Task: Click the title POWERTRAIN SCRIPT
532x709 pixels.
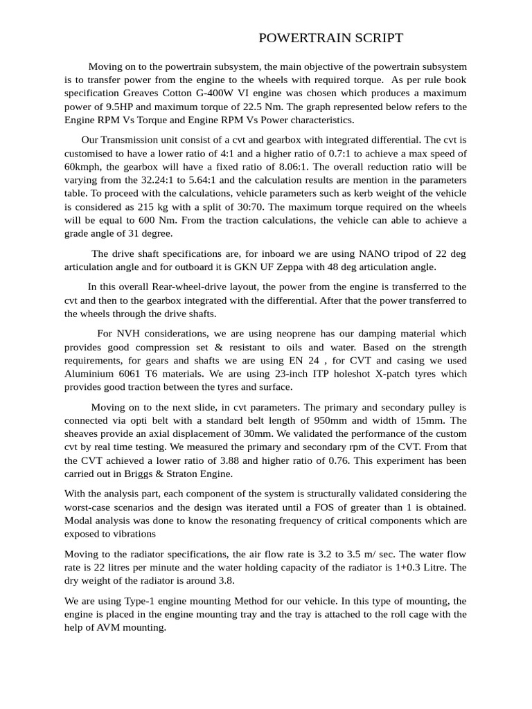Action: coord(330,38)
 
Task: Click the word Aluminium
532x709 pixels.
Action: coord(90,373)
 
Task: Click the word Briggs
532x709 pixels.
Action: coord(141,474)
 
